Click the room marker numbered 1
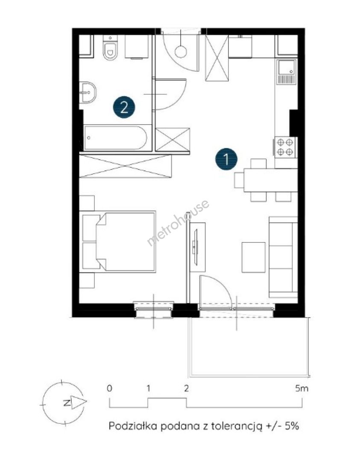226,159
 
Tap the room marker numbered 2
124,107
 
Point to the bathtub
115,137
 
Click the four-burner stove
285,147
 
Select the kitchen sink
287,72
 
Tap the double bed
119,241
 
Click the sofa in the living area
283,257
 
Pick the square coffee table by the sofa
254,257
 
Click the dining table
271,180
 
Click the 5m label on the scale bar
302,388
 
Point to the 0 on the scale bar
109,388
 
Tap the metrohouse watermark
178,222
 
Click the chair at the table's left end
239,180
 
